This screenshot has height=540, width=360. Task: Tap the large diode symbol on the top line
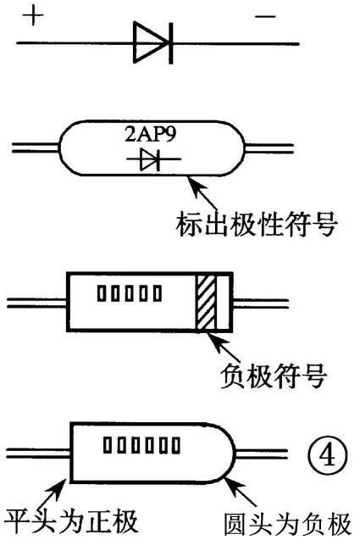pos(154,41)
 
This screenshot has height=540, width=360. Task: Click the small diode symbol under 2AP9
pos(150,159)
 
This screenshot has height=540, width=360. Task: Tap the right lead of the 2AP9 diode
pos(269,151)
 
